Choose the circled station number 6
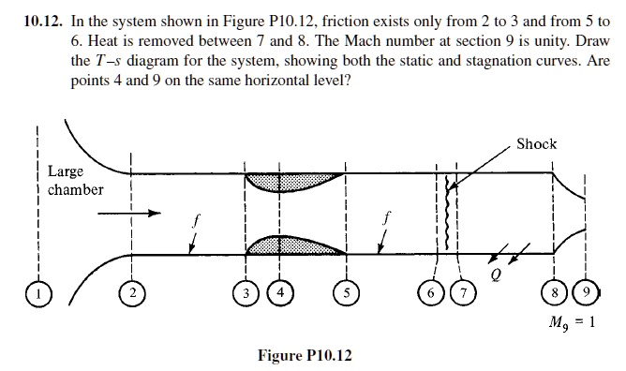(435, 291)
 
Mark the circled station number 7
(461, 291)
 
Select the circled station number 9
(585, 291)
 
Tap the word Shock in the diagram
(536, 144)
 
